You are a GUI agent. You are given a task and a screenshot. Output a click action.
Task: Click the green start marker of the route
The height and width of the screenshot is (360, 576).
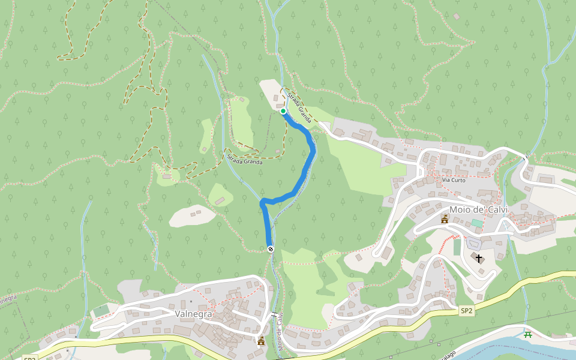click(283, 111)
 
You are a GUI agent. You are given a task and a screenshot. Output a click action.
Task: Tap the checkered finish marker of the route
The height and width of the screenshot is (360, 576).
click(271, 249)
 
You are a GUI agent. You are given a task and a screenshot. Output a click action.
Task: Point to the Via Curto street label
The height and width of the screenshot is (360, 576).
click(454, 180)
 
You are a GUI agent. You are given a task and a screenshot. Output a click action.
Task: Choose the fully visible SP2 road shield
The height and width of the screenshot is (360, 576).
click(467, 311)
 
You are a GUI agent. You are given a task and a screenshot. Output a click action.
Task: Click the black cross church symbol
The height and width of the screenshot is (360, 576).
click(478, 259)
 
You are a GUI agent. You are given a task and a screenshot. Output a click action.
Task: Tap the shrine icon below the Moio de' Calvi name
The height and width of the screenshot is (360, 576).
click(445, 220)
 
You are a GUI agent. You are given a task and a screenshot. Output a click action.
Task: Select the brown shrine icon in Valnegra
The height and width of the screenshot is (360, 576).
click(261, 341)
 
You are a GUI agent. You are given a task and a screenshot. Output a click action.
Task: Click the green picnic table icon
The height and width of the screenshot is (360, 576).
click(528, 334)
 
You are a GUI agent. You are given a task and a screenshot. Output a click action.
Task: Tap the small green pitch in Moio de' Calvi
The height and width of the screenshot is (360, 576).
click(476, 223)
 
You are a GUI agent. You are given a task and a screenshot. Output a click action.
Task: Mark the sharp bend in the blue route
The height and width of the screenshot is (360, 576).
click(263, 202)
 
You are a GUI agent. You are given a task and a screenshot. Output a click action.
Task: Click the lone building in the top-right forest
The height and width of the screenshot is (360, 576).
click(457, 16)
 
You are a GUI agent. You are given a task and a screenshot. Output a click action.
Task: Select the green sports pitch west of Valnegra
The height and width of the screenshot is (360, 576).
click(101, 310)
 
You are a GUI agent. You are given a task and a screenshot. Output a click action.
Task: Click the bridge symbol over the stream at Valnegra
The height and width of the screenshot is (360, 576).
click(274, 314)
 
